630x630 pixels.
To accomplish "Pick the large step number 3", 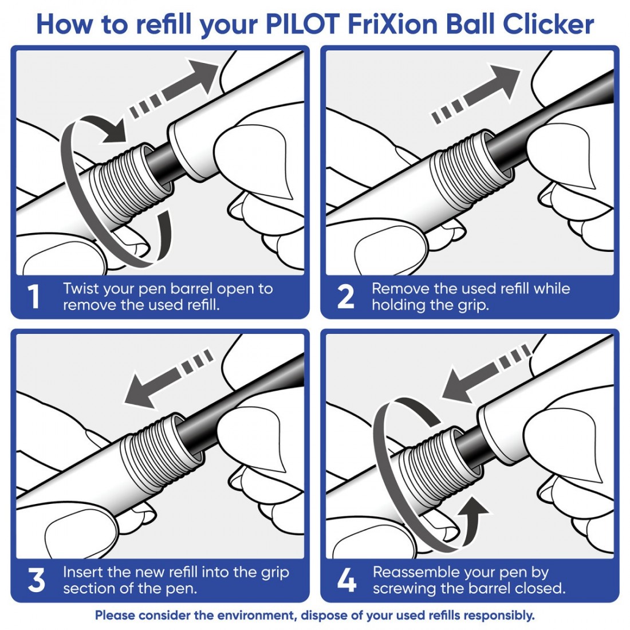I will click(36, 580).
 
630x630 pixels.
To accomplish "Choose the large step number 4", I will click(346, 580).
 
